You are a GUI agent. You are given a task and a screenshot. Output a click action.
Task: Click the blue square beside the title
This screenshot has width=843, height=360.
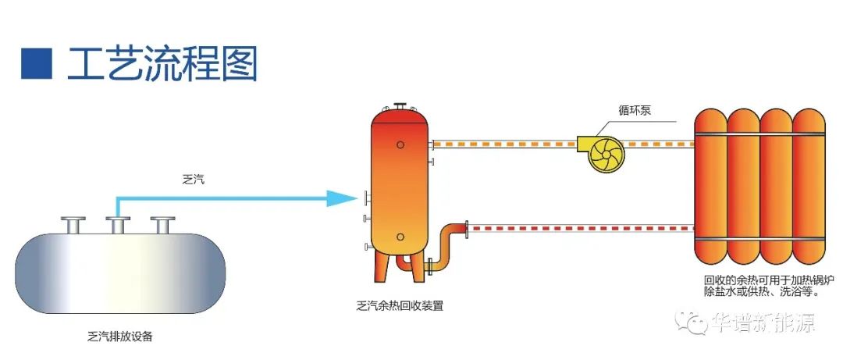click(36, 63)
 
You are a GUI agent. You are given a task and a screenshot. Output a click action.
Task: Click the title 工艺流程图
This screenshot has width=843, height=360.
click(162, 63)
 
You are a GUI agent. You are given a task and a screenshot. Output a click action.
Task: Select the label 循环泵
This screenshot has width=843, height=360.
click(632, 111)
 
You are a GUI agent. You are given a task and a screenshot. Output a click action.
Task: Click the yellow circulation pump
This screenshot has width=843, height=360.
click(605, 152)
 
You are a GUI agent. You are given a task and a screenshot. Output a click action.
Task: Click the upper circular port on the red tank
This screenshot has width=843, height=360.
click(400, 144)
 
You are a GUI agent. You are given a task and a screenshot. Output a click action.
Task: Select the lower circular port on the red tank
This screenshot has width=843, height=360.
click(400, 237)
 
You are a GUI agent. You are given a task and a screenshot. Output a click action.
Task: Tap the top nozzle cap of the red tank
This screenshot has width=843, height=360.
click(400, 105)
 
